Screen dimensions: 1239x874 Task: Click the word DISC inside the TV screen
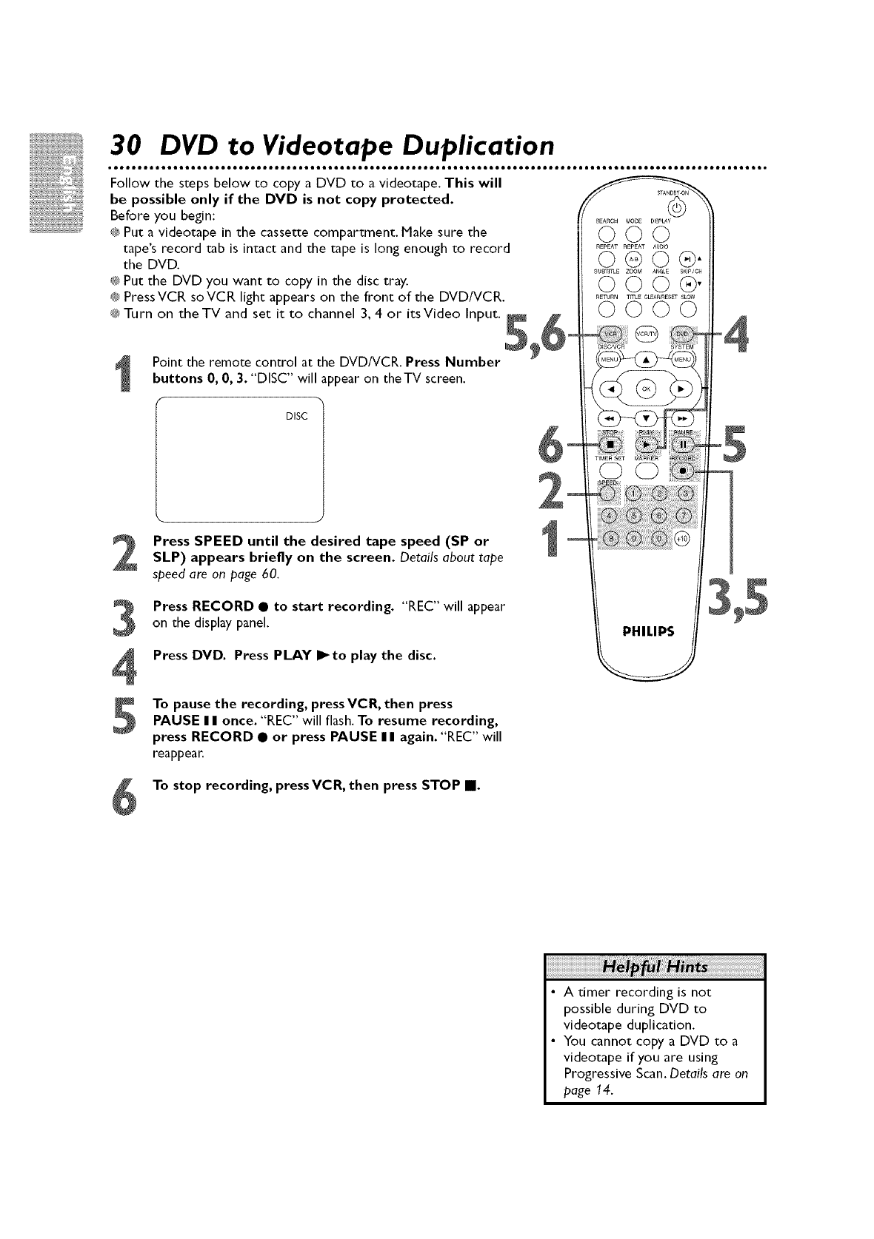(x=296, y=416)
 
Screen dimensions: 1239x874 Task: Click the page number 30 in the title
(x=126, y=143)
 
